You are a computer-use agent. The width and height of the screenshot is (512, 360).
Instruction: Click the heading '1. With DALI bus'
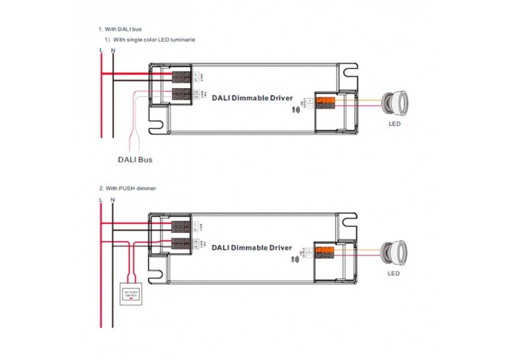click(x=121, y=29)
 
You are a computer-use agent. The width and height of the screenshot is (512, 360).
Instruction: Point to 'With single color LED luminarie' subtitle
click(x=154, y=40)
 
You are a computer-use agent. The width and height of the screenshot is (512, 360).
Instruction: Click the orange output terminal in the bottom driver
click(x=327, y=251)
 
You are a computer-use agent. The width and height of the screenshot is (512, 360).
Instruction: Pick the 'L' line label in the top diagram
click(x=101, y=51)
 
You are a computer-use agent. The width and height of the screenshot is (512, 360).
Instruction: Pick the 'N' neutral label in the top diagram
click(x=113, y=51)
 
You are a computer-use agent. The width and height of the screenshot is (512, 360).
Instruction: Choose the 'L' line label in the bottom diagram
click(x=101, y=199)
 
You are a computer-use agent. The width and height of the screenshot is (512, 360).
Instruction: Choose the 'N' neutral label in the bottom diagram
click(x=113, y=199)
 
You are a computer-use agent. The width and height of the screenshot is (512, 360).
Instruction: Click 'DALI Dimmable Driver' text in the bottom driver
click(x=252, y=247)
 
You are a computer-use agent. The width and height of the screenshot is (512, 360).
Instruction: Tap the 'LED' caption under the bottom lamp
click(x=394, y=273)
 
